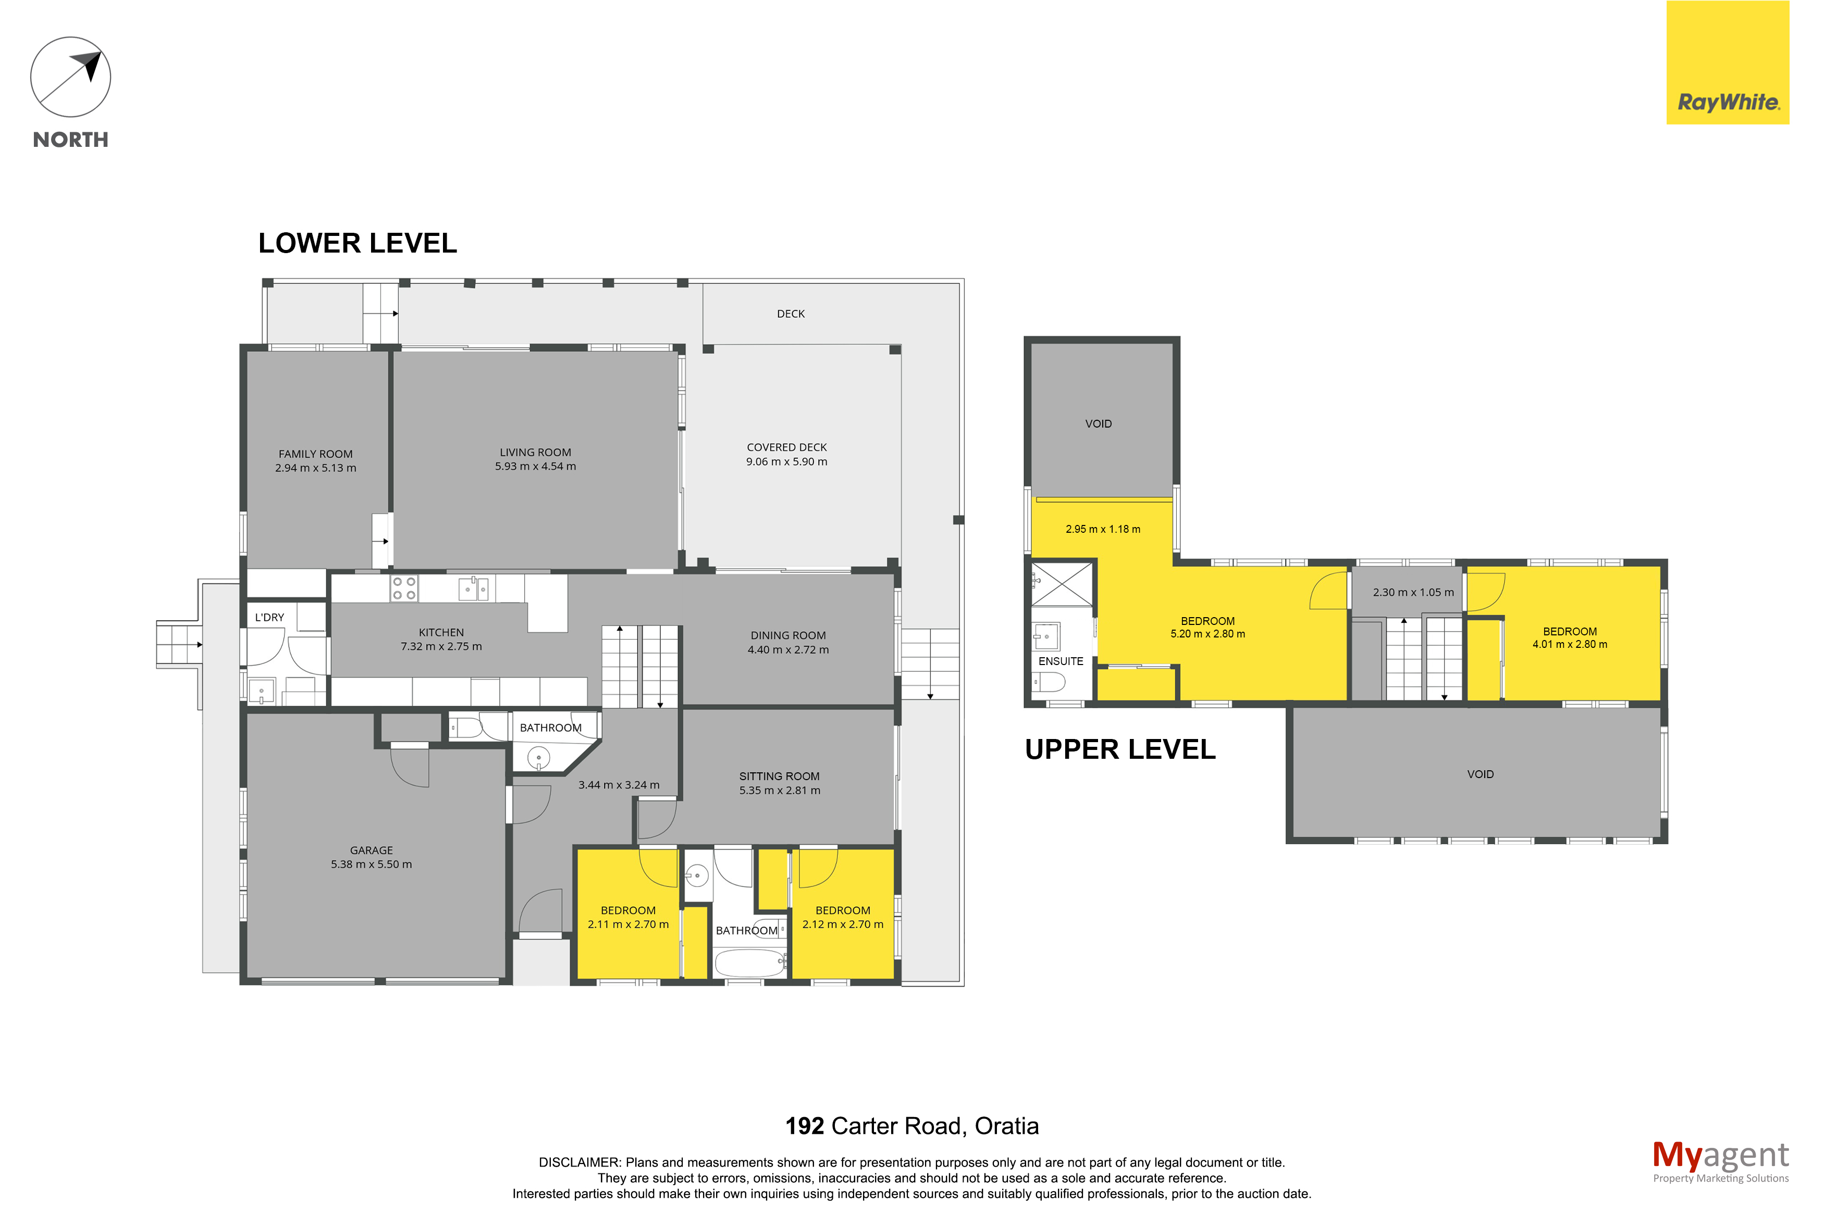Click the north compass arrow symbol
click(70, 78)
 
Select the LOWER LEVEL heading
click(358, 243)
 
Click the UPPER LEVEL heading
click(1120, 749)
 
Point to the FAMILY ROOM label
click(315, 454)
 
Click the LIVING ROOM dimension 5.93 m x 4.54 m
click(536, 467)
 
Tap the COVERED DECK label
click(787, 447)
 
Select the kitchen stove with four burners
click(404, 588)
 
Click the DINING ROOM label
click(788, 635)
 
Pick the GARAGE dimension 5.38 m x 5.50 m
click(371, 864)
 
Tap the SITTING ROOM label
click(779, 776)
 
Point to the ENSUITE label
click(1061, 661)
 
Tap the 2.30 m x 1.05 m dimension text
click(1413, 592)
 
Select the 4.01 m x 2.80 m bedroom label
click(1570, 638)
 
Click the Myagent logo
click(1720, 1161)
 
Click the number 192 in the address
click(805, 1126)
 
